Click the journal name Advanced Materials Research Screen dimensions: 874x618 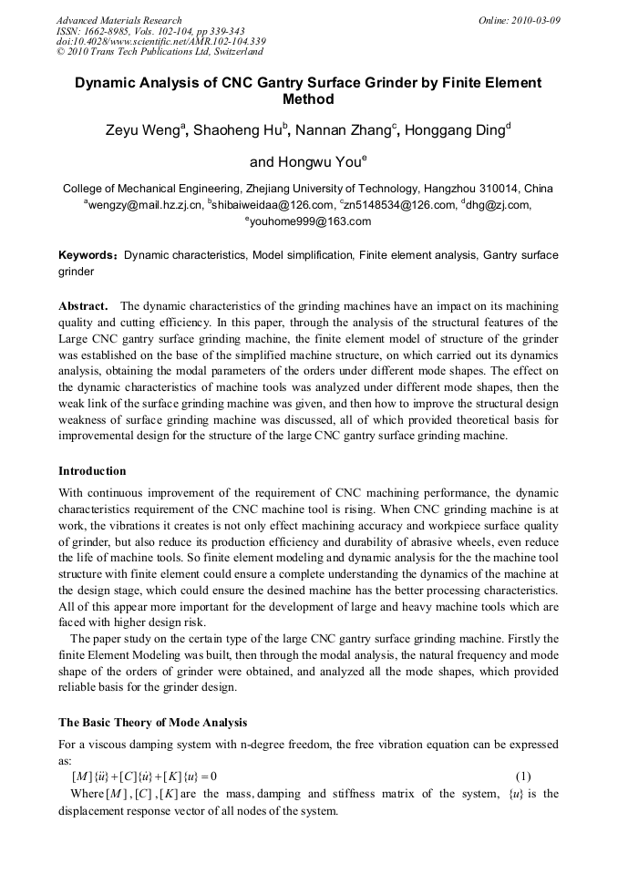[118, 20]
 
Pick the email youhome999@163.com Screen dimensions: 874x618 [310, 221]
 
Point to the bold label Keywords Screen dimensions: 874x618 [88, 255]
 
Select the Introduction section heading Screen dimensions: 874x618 [92, 471]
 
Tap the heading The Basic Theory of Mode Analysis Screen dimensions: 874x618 [152, 723]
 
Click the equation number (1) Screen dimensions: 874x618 [522, 776]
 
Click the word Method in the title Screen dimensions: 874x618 [308, 99]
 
